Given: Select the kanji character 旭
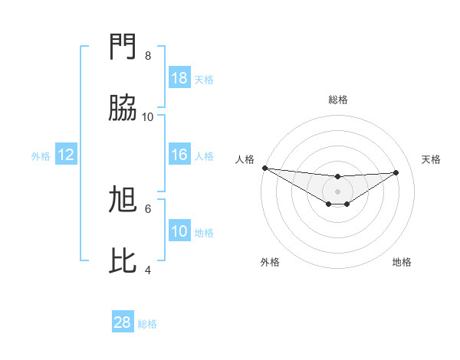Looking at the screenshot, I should tap(123, 200).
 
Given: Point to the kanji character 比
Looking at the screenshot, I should tap(123, 261).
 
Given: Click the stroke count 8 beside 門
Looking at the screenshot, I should tap(148, 56).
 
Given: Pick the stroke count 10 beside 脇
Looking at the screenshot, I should tap(148, 116).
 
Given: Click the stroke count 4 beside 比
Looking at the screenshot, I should tap(148, 270).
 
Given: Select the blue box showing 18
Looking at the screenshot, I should tap(179, 78).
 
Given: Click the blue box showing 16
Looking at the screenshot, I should tap(179, 155).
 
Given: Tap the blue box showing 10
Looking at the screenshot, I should tap(179, 231).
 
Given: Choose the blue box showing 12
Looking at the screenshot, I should tap(66, 155).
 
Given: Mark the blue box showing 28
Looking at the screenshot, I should tap(123, 323).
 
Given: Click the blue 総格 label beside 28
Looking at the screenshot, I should tap(147, 324).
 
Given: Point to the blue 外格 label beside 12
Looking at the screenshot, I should tap(41, 155).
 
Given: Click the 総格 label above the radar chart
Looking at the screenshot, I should tap(337, 100).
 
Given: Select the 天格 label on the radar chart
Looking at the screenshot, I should tap(431, 159).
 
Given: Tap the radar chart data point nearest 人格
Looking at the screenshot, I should tap(264, 167).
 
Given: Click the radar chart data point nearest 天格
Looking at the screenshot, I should tap(396, 172).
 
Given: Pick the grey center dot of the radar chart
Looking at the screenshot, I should tap(337, 191).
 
